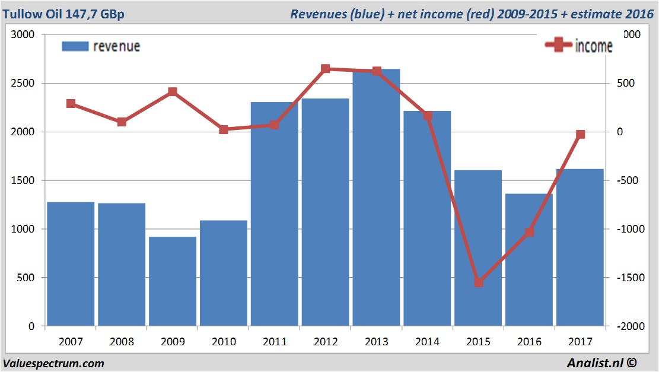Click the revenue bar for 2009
[x=173, y=281]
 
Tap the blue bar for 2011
[x=274, y=214]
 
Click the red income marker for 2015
[x=479, y=282]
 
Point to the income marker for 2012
[x=326, y=69]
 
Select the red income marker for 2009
[x=173, y=91]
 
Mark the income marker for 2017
[x=581, y=135]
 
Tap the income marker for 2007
[x=71, y=103]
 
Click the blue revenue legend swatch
[x=75, y=46]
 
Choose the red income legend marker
[x=558, y=46]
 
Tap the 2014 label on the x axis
[x=427, y=342]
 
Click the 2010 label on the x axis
[x=224, y=342]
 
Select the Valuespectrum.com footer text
[x=53, y=363]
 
